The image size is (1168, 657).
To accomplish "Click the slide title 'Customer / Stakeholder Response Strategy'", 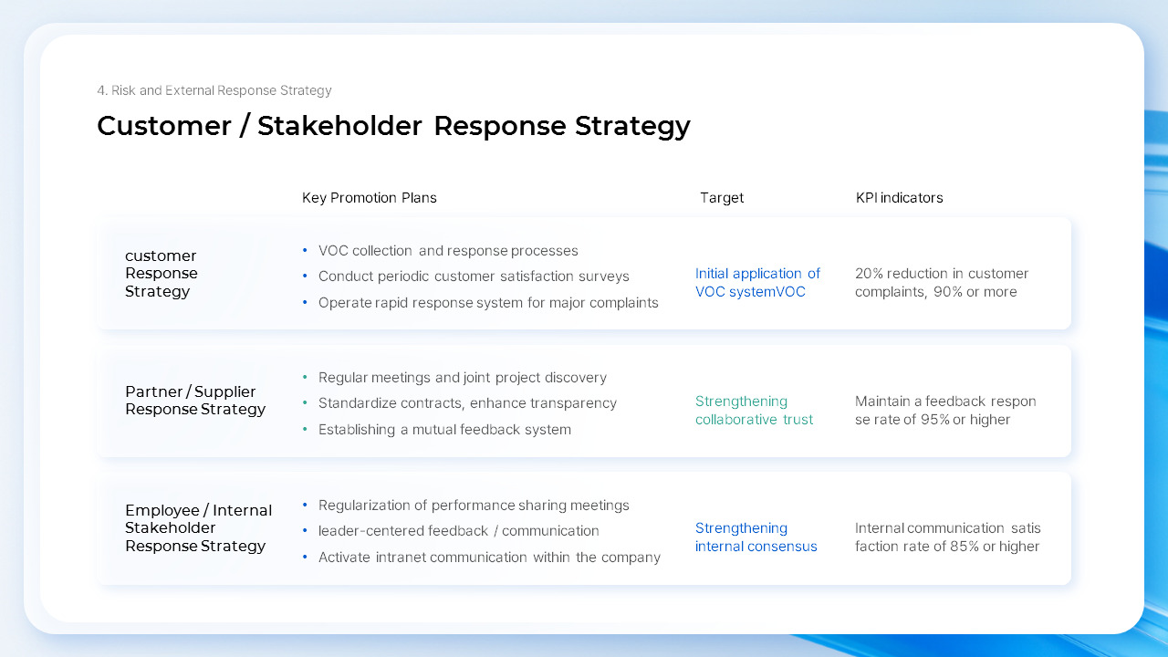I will tap(393, 126).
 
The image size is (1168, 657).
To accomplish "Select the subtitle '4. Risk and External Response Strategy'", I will tap(214, 90).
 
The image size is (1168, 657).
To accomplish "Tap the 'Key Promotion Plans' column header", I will tap(370, 198).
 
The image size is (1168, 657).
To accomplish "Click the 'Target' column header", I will tap(722, 198).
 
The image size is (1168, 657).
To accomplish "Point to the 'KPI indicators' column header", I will tap(899, 198).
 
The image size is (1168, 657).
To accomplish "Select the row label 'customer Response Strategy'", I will tap(162, 274).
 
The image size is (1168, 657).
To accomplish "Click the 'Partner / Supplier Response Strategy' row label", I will tap(195, 401).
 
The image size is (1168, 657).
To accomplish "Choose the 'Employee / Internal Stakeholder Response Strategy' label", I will tap(198, 528).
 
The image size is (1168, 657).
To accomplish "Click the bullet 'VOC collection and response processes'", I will tap(448, 251).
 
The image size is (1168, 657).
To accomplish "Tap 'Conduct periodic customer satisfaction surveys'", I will tap(474, 276).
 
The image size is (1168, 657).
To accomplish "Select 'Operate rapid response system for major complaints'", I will tap(488, 303).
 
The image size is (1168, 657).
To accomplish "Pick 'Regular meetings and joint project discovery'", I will tap(462, 378).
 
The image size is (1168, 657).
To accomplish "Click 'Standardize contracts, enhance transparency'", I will tap(467, 403).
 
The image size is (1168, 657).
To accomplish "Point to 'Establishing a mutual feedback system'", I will tap(444, 430).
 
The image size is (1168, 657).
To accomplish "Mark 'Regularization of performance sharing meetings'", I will tap(474, 506).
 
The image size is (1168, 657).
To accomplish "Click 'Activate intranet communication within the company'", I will tap(489, 558).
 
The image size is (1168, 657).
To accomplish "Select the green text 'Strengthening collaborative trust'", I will tap(754, 411).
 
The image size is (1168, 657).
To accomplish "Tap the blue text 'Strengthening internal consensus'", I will tap(756, 537).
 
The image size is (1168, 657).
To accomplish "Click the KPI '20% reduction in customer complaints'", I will tap(941, 283).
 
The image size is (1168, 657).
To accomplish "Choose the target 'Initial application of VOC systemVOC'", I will tap(757, 283).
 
